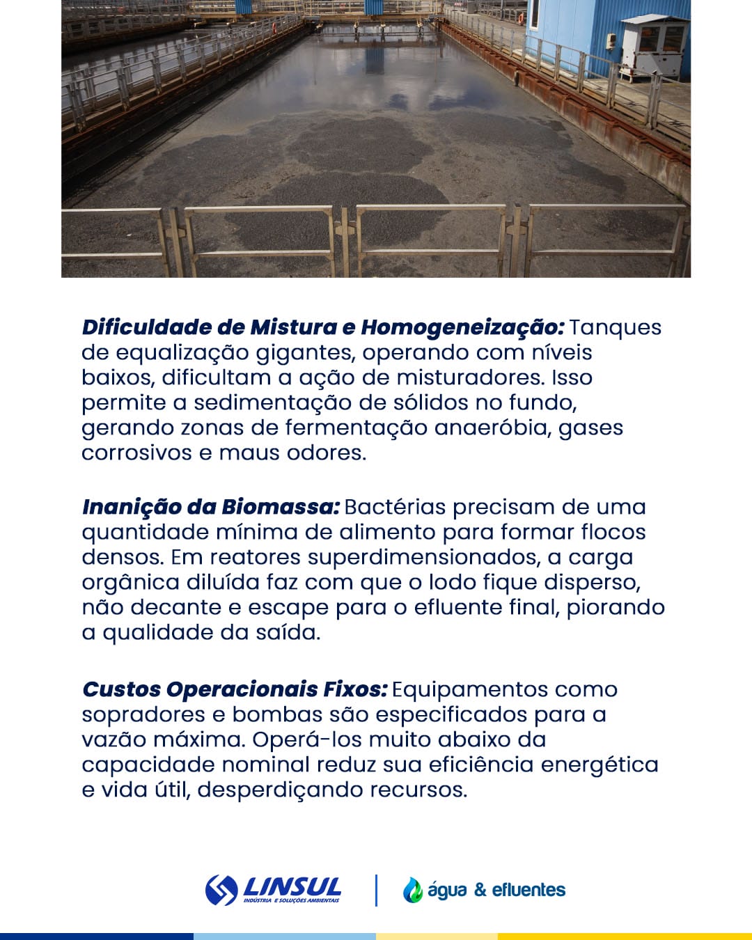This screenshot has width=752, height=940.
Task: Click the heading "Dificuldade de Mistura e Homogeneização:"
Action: click(322, 327)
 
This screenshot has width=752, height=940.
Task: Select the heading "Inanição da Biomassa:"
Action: click(210, 507)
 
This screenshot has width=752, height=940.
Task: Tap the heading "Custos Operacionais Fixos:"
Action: click(235, 689)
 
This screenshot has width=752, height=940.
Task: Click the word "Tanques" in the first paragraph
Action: click(616, 327)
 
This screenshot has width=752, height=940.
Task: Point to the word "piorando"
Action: click(616, 607)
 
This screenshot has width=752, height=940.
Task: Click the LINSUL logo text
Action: click(292, 887)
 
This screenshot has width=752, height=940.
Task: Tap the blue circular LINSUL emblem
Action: click(221, 890)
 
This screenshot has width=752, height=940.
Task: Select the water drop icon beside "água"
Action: click(412, 890)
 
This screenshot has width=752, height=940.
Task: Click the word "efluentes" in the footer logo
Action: click(528, 890)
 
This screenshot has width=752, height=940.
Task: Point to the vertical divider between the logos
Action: click(377, 890)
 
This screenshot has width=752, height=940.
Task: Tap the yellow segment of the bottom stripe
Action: click(625, 936)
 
